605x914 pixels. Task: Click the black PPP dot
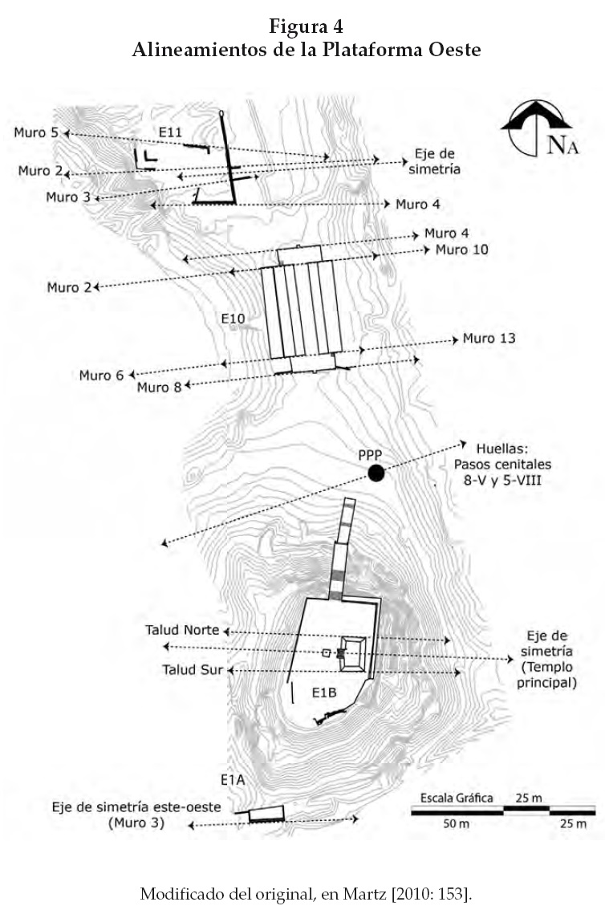376,473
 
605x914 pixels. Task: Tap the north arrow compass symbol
535,128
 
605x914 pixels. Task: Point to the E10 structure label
233,319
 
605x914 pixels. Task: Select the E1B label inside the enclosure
324,690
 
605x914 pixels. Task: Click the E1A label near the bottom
233,779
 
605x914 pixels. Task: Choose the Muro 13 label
489,339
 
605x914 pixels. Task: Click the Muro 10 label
461,250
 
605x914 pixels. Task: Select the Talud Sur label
187,668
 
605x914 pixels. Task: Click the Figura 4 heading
307,29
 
